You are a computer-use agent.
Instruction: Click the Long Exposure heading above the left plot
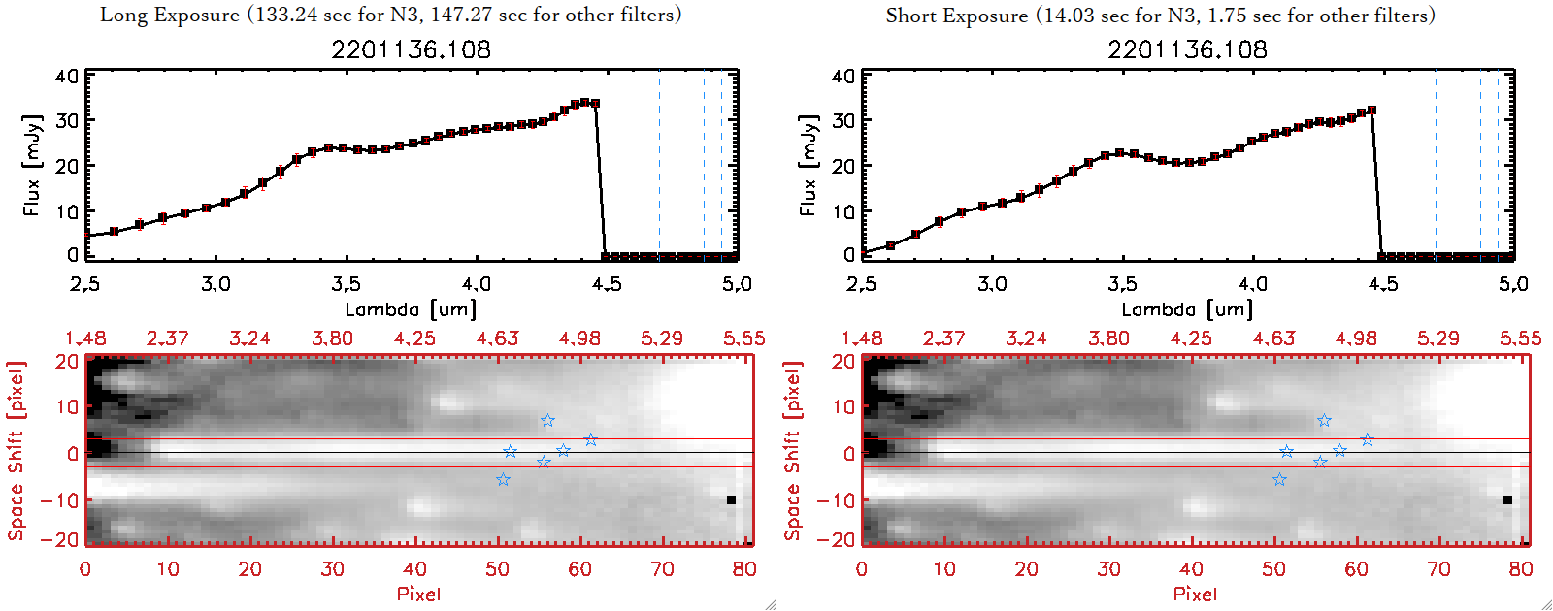(x=390, y=15)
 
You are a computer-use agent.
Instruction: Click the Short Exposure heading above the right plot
(x=1160, y=16)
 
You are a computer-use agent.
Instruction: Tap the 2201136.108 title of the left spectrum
(x=412, y=49)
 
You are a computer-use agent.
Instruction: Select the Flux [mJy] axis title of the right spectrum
(x=808, y=165)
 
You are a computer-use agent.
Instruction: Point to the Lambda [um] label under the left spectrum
(x=412, y=309)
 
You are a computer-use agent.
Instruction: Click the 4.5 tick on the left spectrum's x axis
(x=607, y=284)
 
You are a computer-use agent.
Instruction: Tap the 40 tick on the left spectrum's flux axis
(x=67, y=76)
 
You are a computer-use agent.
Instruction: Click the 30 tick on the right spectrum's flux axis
(x=843, y=120)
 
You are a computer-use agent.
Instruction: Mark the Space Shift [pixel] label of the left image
(x=17, y=451)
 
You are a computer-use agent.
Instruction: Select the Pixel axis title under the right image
(x=1195, y=594)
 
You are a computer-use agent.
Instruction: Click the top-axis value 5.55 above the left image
(x=743, y=338)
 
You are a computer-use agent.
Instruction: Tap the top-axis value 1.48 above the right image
(x=862, y=338)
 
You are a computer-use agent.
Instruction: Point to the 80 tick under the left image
(x=744, y=569)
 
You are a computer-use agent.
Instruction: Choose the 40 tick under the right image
(x=1191, y=569)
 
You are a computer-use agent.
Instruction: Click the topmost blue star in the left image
(x=548, y=420)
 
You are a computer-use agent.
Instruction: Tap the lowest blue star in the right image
(x=1279, y=479)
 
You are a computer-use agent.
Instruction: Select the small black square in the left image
(x=731, y=500)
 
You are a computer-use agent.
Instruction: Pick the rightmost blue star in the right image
(x=1368, y=439)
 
